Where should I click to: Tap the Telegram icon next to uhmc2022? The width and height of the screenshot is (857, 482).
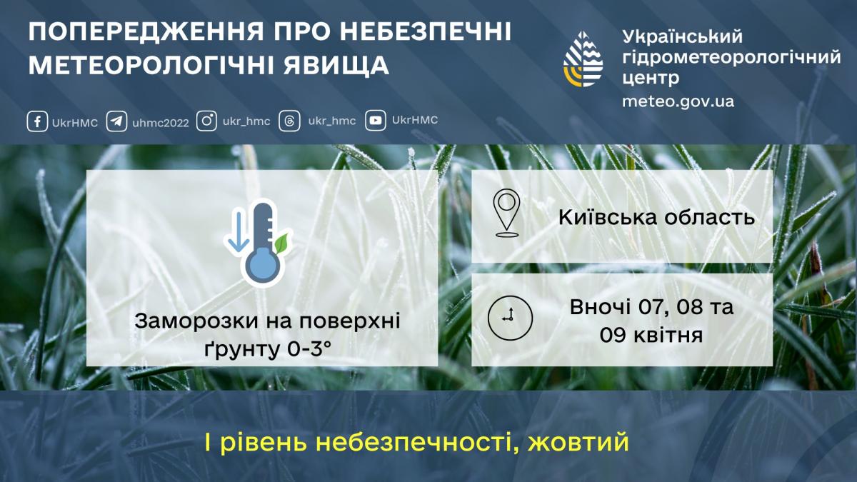(117, 121)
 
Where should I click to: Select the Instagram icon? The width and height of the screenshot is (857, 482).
(206, 121)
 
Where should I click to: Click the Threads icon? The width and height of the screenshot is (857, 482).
(289, 121)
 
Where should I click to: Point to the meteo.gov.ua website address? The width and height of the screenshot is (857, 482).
(678, 101)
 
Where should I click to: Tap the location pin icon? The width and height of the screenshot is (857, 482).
(507, 213)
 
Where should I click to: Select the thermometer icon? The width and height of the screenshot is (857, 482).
(262, 243)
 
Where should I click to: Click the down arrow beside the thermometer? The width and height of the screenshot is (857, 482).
(236, 233)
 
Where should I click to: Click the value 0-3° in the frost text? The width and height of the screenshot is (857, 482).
(308, 349)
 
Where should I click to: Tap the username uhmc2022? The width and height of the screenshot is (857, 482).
(161, 122)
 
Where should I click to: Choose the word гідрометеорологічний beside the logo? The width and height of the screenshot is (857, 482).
(731, 57)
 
